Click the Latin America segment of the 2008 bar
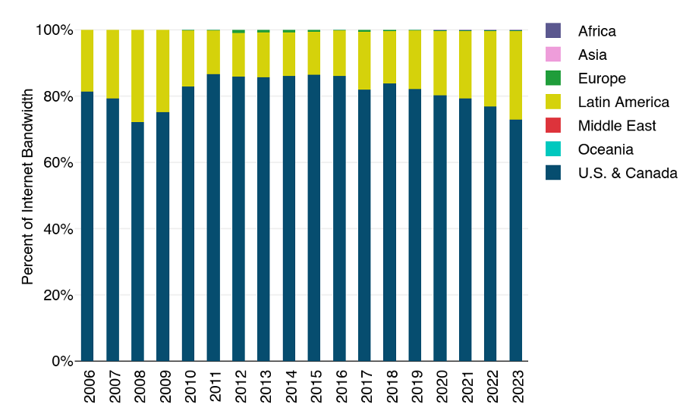137,76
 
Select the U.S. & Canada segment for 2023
516,240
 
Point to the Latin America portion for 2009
163,71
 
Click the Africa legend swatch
553,31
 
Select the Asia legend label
592,55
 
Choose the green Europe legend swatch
553,78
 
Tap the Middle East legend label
616,126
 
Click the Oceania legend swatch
553,149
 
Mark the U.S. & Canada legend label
627,173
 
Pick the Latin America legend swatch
553,102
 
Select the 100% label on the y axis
55,30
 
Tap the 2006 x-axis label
87,387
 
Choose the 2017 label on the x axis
365,387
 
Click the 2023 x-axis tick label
516,387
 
